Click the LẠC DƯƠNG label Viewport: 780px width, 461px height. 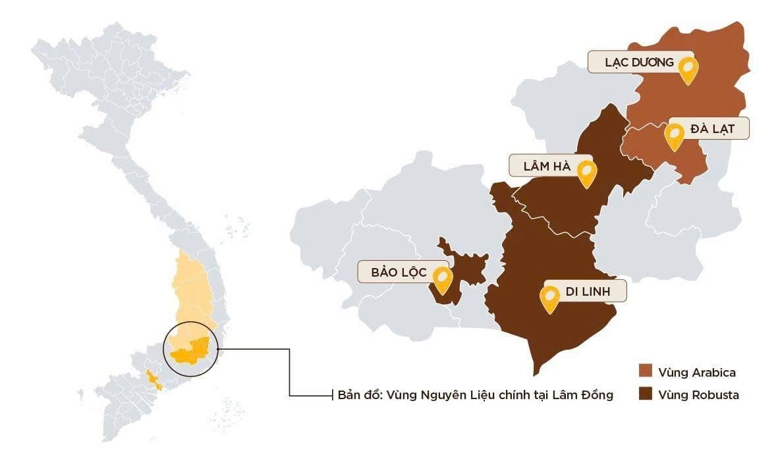coord(639,63)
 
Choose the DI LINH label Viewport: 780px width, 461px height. coord(587,291)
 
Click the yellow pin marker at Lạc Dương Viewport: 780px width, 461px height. coord(688,68)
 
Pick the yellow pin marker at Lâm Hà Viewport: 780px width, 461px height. coord(586,172)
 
